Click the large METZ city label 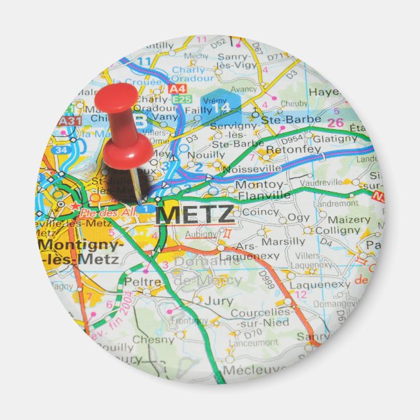pyautogui.click(x=195, y=214)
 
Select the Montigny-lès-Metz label pyautogui.click(x=80, y=252)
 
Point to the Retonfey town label pyautogui.click(x=293, y=149)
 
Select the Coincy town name pyautogui.click(x=260, y=211)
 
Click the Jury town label pyautogui.click(x=218, y=301)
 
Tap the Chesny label pyautogui.click(x=153, y=339)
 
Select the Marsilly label pyautogui.click(x=282, y=241)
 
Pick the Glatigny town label pyautogui.click(x=335, y=138)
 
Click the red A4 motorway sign pyautogui.click(x=177, y=88)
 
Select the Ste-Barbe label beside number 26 pyautogui.click(x=292, y=119)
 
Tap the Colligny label pyautogui.click(x=337, y=230)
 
